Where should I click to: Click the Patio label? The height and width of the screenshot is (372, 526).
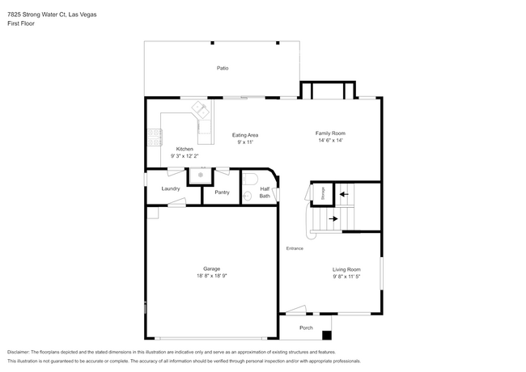point(223,68)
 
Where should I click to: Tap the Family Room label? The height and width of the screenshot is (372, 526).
point(330,133)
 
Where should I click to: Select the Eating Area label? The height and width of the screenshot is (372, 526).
point(245,135)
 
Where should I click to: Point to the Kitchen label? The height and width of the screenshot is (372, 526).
point(185,149)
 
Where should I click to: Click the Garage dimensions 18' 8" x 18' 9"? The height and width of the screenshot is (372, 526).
point(212,276)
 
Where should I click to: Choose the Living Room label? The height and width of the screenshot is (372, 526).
point(346,269)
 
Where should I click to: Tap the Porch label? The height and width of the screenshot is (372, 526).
point(306,328)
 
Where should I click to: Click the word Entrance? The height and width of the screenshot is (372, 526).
point(295,248)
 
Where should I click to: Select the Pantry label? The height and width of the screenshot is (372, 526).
point(222,192)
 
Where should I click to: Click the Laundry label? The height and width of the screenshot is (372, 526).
point(171,188)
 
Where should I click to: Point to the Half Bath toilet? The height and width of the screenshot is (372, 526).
point(249,179)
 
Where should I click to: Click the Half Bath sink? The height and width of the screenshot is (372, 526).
point(248,196)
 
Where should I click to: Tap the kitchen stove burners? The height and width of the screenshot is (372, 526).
point(155,137)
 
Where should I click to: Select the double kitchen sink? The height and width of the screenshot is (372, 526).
point(201,109)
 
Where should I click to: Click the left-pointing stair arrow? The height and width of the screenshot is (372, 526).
point(344,194)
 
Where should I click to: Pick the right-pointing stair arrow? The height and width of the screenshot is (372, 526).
point(333,219)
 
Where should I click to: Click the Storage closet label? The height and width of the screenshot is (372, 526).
point(323,193)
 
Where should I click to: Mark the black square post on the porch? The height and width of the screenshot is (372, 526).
point(327,335)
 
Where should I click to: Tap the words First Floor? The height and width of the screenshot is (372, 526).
point(21,23)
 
